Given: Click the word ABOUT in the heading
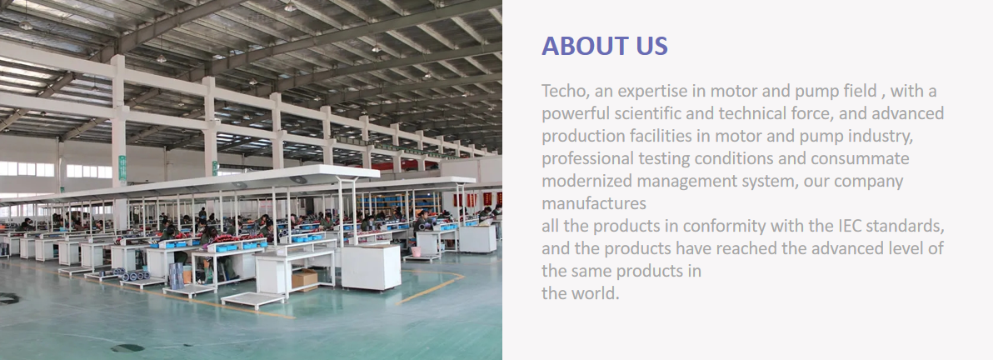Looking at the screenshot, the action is [585, 47].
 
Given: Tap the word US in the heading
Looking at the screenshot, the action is [652, 47].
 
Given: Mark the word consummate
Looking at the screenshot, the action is [860, 159].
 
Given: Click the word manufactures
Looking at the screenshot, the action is [594, 204].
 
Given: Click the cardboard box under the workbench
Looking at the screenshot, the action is [305, 279].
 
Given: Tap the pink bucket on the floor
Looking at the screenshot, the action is [416, 252].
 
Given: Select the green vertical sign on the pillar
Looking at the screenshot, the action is [122, 168].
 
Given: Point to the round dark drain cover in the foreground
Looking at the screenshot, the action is [127, 348].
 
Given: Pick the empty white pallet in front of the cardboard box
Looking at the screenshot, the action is [252, 300].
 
